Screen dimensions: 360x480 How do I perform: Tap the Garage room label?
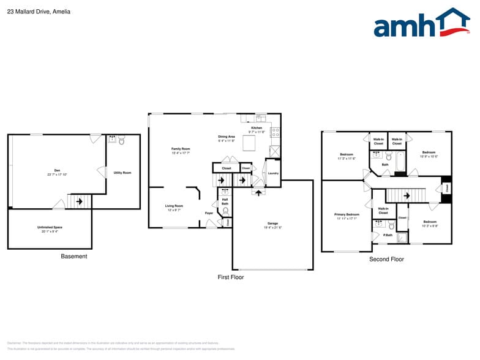click(272, 223)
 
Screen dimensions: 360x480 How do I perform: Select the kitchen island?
click(249, 143)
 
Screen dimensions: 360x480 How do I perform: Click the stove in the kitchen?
click(276, 131)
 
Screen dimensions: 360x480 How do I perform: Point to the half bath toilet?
click(225, 211)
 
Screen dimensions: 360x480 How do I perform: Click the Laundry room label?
click(273, 173)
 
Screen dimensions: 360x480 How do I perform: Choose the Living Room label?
click(174, 206)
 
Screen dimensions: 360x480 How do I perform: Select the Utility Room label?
click(122, 173)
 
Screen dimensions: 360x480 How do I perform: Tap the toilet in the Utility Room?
click(122, 141)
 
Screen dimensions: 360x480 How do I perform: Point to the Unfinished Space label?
click(50, 228)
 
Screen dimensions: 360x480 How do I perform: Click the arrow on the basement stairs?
click(79, 201)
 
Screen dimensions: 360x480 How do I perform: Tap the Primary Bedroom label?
click(347, 215)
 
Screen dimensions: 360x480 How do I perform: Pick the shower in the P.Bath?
click(402, 238)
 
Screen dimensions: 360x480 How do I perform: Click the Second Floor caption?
click(386, 260)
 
